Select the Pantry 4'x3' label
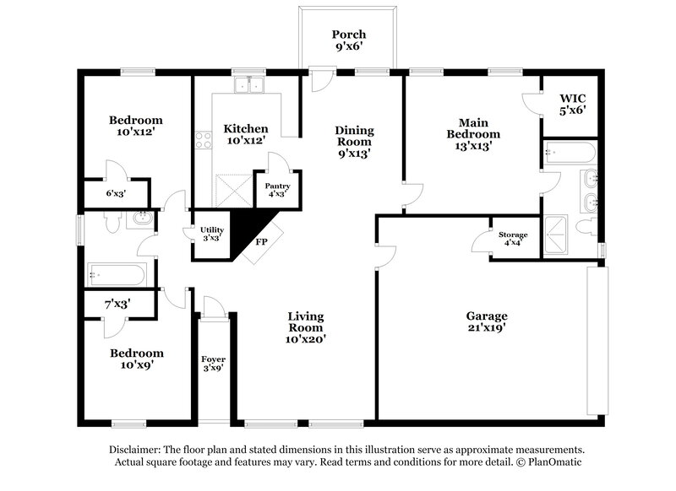pyautogui.click(x=276, y=189)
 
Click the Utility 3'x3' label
pyautogui.click(x=211, y=234)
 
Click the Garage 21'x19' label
pyautogui.click(x=487, y=323)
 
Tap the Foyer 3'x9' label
pyautogui.click(x=212, y=364)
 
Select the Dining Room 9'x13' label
pyautogui.click(x=354, y=142)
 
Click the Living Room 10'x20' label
pyautogui.click(x=306, y=327)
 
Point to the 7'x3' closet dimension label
pyautogui.click(x=116, y=302)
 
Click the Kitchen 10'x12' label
pyautogui.click(x=246, y=135)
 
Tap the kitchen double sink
pyautogui.click(x=249, y=84)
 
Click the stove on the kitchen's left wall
pyautogui.click(x=202, y=140)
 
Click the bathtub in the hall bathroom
pyautogui.click(x=117, y=273)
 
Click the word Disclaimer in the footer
pyautogui.click(x=140, y=450)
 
